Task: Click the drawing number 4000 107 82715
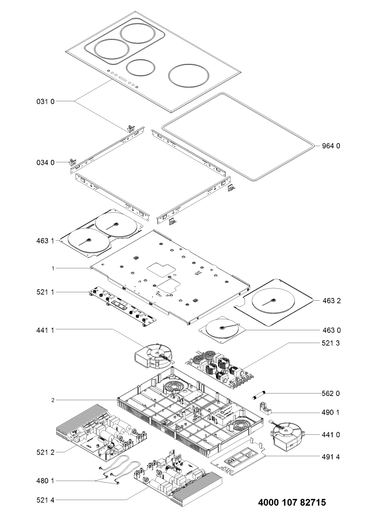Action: tap(292, 502)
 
